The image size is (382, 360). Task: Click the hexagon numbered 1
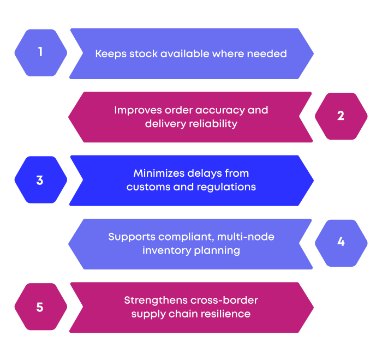coord(40,53)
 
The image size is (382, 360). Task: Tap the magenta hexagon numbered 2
coord(341,116)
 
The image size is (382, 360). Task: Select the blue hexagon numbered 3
coord(40,180)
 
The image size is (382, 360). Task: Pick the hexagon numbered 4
coord(341,243)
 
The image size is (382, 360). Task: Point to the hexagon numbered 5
coord(40,307)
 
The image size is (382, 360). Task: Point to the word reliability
coord(213,124)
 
